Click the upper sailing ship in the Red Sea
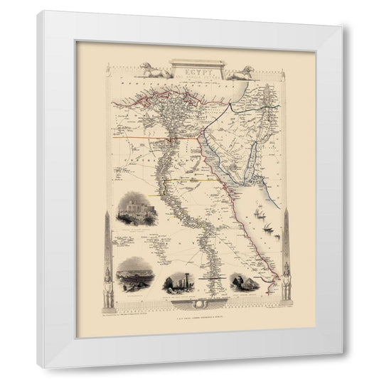click(256, 212)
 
